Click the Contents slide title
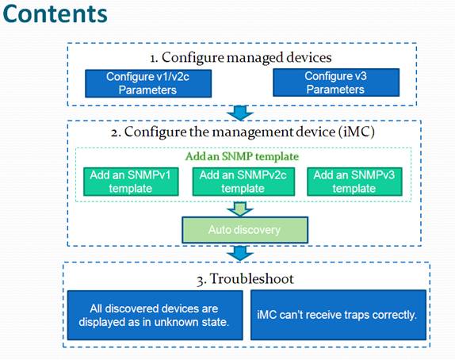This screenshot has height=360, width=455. pyautogui.click(x=55, y=13)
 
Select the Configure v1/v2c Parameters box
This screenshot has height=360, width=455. pyautogui.click(x=148, y=83)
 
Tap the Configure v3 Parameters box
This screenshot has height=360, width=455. pyautogui.click(x=336, y=82)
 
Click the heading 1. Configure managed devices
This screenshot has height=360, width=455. pyautogui.click(x=241, y=57)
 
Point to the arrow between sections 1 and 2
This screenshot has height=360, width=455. pyautogui.click(x=240, y=113)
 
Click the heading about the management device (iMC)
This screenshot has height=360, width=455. pyautogui.click(x=243, y=132)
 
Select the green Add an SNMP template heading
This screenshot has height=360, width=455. pyautogui.click(x=242, y=156)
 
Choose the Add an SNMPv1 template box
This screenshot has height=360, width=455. pyautogui.click(x=131, y=182)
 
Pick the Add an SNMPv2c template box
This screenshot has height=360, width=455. pyautogui.click(x=243, y=182)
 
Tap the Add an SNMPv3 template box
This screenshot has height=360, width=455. pyautogui.click(x=354, y=182)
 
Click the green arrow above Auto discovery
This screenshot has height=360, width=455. pyautogui.click(x=240, y=209)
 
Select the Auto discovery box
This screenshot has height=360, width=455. pyautogui.click(x=245, y=230)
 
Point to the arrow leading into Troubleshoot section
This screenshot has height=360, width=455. pyautogui.click(x=240, y=253)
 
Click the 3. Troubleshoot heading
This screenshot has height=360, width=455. pyautogui.click(x=245, y=278)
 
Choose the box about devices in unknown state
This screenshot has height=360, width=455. pyautogui.click(x=155, y=316)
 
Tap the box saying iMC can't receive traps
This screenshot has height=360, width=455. pyautogui.click(x=338, y=315)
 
